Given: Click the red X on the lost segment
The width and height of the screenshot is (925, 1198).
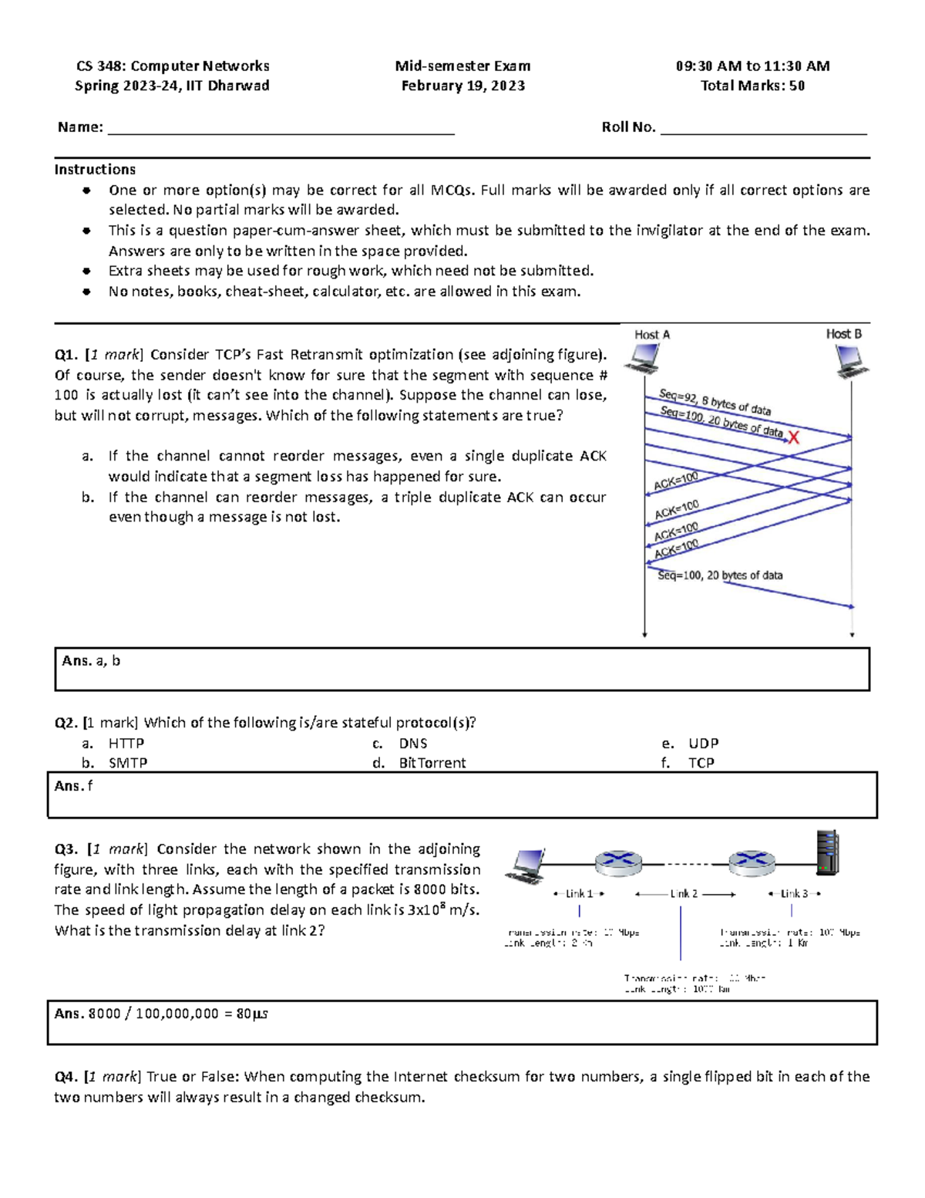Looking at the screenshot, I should (x=793, y=437).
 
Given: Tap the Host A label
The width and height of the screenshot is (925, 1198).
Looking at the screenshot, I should (x=652, y=334).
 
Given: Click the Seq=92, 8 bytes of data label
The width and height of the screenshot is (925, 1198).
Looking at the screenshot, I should (x=715, y=402).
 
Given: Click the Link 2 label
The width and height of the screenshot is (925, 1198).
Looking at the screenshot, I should (x=684, y=893).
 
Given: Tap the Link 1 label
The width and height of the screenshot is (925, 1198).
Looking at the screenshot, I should (x=579, y=893).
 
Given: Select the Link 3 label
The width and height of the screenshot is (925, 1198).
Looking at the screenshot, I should (x=794, y=893).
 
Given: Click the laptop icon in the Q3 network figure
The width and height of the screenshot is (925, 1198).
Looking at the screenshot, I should (x=525, y=866).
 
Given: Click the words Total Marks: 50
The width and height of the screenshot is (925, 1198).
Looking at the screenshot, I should (x=752, y=86).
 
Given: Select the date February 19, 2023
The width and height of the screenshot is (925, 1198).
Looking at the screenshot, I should (x=462, y=86).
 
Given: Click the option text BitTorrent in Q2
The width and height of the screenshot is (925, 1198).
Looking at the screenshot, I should (x=432, y=763).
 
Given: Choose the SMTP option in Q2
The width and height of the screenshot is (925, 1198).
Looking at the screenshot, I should (x=128, y=763).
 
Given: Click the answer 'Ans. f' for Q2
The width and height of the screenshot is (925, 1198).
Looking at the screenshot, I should (x=73, y=785).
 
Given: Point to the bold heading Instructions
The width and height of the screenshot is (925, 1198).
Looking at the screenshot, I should (x=95, y=169).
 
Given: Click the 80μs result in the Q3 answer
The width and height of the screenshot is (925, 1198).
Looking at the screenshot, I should (x=251, y=1014).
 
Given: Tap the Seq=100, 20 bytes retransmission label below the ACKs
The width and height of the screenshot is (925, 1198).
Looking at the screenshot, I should (x=719, y=575).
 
